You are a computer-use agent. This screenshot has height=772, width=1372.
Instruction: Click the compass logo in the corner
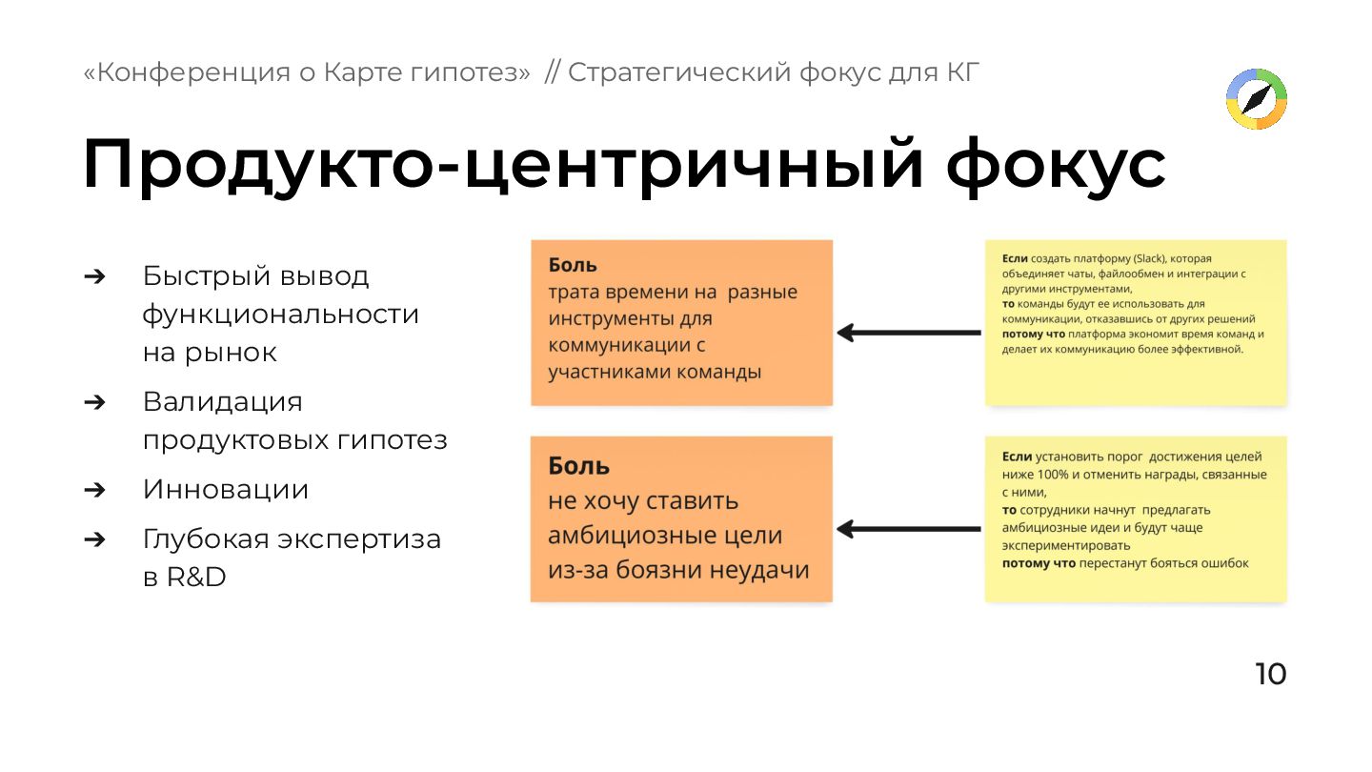[x=1256, y=98]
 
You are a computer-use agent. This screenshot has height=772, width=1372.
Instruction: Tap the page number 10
[x=1270, y=674]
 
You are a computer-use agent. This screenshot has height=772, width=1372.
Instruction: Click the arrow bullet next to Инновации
[x=93, y=490]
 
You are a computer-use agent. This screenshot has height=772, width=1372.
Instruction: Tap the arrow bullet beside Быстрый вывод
[x=93, y=276]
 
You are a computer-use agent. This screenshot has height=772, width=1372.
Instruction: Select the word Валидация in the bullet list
[x=222, y=401]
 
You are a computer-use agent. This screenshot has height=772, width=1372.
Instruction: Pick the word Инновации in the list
[x=226, y=490]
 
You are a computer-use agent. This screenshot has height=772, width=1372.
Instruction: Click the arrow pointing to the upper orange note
[x=908, y=333]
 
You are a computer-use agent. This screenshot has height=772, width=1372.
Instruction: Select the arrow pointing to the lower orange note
[x=908, y=529]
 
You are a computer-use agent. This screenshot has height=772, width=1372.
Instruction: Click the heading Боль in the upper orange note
[x=573, y=265]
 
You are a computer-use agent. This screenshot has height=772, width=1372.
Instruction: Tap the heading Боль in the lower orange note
[x=578, y=466]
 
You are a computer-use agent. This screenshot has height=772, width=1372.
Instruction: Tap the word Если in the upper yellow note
[x=1015, y=258]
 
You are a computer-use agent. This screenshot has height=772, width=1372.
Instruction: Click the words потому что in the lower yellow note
[x=1039, y=563]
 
